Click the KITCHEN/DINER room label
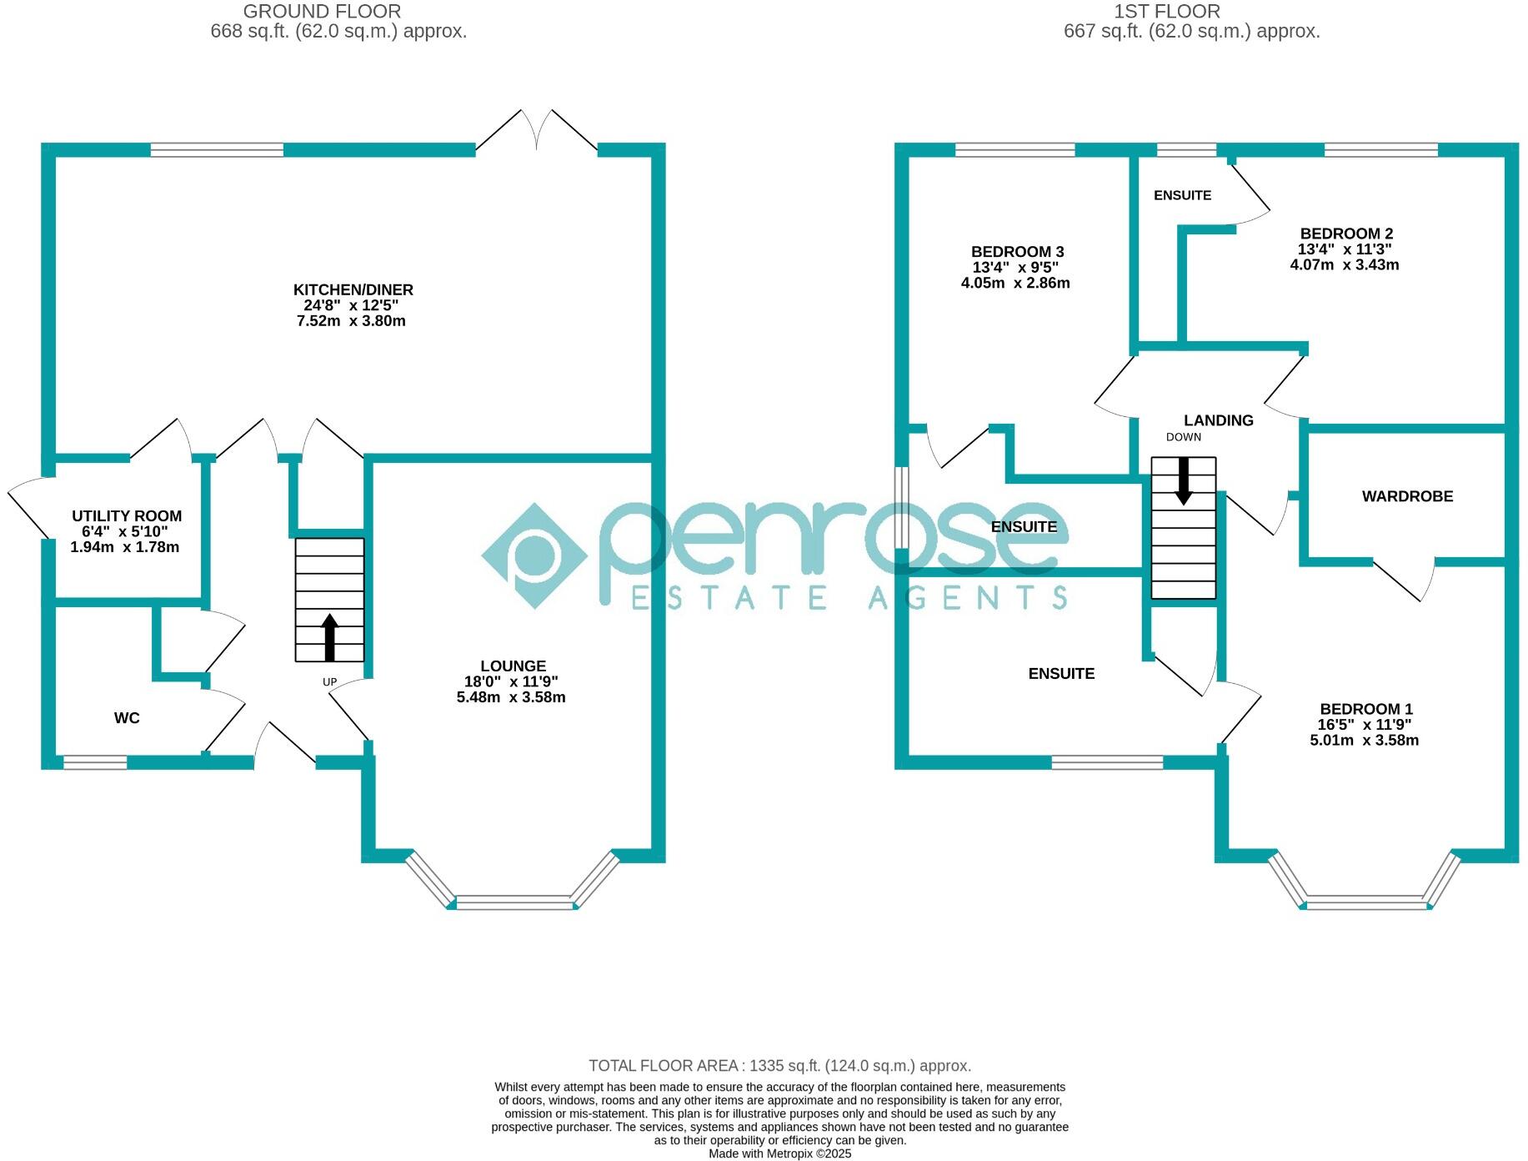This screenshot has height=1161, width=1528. coord(353,290)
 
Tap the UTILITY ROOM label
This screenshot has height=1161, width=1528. coord(127,516)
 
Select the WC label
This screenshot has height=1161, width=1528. coord(127,718)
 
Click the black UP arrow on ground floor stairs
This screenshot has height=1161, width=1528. coord(329,637)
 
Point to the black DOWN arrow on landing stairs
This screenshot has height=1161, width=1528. coord(1183,481)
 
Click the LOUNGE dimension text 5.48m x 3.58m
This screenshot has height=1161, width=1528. coord(511,697)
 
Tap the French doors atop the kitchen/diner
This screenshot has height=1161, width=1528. coord(537,132)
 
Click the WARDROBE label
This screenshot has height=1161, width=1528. coord(1407,497)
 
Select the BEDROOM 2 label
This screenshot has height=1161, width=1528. coord(1345,234)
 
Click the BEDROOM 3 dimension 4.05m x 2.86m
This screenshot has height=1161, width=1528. coord(1015,284)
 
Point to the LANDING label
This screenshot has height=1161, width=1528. coord(1218,421)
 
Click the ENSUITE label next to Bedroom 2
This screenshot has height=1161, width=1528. coord(1182,196)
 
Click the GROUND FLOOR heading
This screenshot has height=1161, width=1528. coord(322,12)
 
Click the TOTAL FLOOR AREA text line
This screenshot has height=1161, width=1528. coord(779,1066)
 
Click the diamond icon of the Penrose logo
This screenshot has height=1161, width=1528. coord(535,555)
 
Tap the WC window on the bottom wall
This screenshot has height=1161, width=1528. coord(95,761)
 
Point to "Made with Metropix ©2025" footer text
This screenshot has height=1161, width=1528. coord(779,1153)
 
